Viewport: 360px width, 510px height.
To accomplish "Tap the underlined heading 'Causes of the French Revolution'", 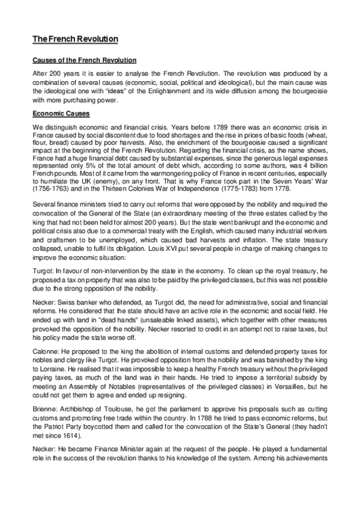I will pyautogui.click(x=84, y=61).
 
